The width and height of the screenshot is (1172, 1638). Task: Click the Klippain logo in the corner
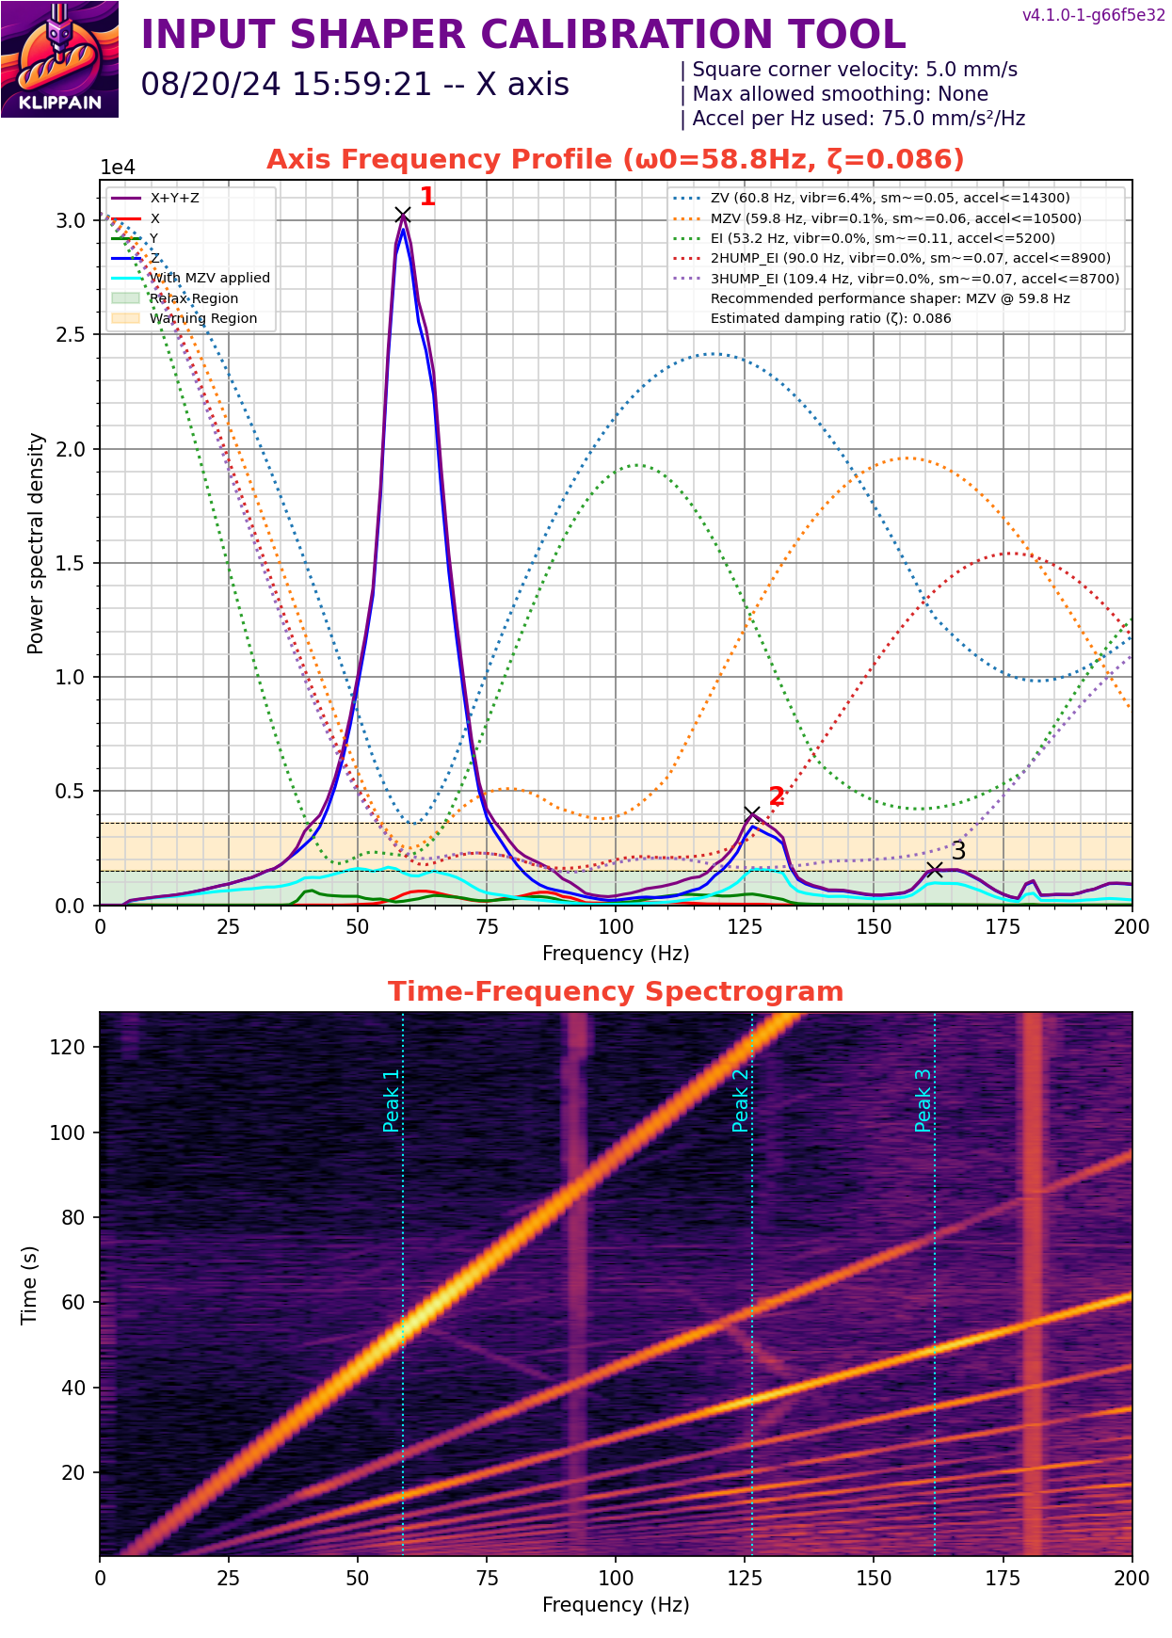click(59, 59)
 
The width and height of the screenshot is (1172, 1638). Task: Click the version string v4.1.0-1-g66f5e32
click(1093, 16)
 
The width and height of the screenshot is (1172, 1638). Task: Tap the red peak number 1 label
click(427, 197)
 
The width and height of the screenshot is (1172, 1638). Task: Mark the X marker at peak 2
click(752, 814)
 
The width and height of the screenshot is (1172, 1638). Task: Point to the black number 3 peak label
click(958, 850)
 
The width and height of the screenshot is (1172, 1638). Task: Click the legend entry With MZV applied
click(209, 278)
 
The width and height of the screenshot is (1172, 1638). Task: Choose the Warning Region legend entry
click(202, 318)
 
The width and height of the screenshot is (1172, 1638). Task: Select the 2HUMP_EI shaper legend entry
click(909, 258)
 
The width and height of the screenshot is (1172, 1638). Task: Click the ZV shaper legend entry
click(889, 198)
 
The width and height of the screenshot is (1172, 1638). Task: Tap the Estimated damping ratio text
click(830, 318)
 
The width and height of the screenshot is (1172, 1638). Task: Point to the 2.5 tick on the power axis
click(71, 335)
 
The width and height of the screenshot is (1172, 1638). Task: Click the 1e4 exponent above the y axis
click(118, 168)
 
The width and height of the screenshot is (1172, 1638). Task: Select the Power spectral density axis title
click(36, 543)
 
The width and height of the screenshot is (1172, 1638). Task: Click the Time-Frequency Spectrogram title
click(616, 992)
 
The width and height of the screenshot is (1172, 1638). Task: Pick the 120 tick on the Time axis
click(68, 1047)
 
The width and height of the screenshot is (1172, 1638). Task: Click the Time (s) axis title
click(29, 1285)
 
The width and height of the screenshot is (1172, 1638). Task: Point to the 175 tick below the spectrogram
click(1003, 1578)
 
